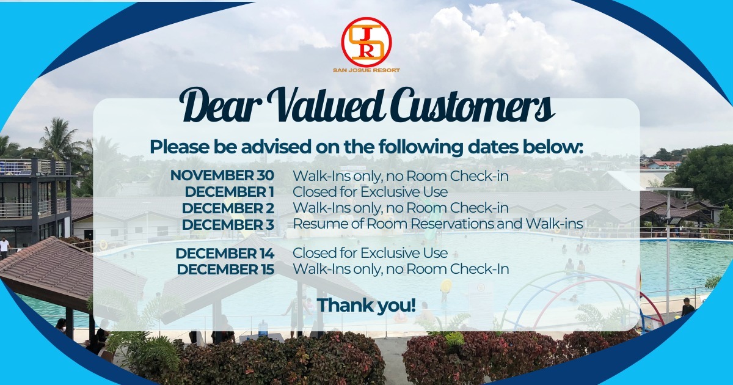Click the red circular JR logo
366,42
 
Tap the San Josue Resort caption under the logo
366,70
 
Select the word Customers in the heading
471,105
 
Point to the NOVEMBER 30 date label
222,175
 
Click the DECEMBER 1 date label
230,192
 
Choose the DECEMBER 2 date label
228,208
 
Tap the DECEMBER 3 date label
228,225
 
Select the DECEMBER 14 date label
225,254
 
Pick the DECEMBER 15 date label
225,269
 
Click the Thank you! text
366,305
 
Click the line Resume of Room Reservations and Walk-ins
438,224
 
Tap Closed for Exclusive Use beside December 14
370,253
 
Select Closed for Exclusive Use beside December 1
370,192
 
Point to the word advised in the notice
276,147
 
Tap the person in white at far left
4,248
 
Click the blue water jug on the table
263,328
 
